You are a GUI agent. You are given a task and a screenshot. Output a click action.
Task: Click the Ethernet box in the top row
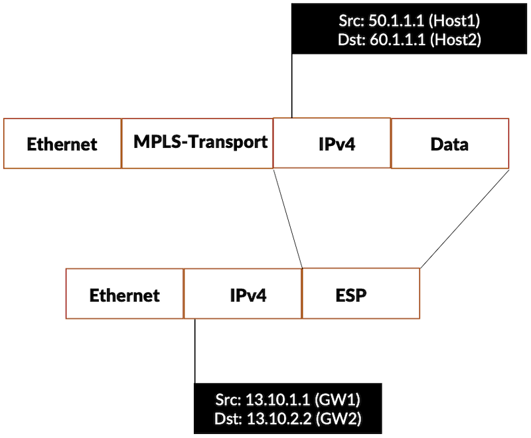coord(62,143)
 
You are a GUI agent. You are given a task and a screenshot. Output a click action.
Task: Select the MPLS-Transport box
coord(197,143)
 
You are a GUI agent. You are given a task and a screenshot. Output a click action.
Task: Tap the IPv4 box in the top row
coord(332,143)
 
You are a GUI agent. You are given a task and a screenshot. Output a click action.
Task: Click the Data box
coord(449,143)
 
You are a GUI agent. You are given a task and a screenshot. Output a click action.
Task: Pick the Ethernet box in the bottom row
coord(125,294)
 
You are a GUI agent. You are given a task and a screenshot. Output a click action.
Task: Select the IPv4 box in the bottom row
coord(243,294)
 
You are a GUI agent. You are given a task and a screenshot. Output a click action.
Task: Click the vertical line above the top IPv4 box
coord(291,86)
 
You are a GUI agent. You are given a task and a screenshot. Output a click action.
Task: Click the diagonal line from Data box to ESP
coord(465,218)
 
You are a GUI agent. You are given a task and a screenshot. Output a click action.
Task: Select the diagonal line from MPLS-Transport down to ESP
coord(288,218)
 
